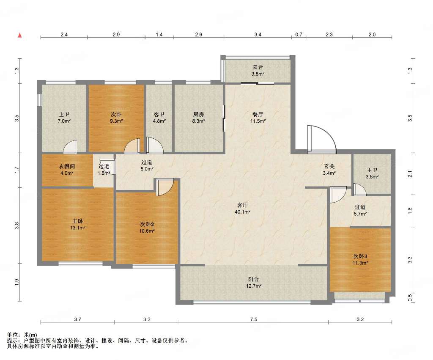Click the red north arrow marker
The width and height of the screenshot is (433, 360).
(x=19, y=35)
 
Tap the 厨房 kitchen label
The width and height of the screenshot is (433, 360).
(x=199, y=114)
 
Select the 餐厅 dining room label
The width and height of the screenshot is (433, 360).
(x=258, y=114)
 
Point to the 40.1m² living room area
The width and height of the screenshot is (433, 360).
(x=242, y=212)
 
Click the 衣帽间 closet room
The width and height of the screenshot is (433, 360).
(x=67, y=170)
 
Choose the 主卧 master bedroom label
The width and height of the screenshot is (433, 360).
(x=78, y=221)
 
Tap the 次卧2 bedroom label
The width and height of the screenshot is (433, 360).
(x=147, y=224)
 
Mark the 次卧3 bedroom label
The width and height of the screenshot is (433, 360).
(x=360, y=256)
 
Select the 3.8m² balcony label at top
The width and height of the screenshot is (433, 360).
(x=258, y=74)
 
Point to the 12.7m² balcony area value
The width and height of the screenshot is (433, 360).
(x=254, y=286)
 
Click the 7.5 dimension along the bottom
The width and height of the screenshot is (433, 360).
(x=254, y=319)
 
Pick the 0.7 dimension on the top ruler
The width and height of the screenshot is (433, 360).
(x=299, y=35)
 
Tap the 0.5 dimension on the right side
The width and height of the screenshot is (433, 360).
(x=410, y=297)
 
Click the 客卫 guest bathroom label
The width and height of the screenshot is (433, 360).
(x=159, y=114)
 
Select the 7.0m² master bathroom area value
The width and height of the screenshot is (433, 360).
(x=64, y=121)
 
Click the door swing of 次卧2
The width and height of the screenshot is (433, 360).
(x=165, y=187)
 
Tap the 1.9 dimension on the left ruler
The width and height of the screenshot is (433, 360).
(x=17, y=282)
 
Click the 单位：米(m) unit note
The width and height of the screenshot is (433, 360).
(x=22, y=335)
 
